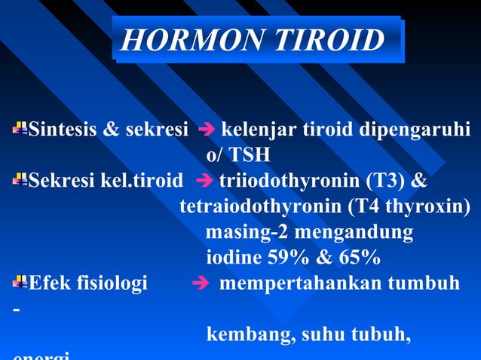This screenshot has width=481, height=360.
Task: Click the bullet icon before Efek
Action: click(20, 282)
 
